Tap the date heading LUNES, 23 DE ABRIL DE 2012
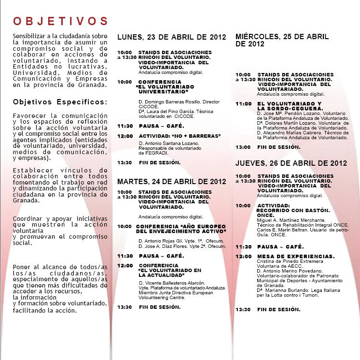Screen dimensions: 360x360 point(171,37)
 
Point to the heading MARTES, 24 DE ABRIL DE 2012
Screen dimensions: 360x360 point(171,182)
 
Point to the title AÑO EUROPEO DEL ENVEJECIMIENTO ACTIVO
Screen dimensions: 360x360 point(181,229)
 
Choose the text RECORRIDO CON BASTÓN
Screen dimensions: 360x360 point(293,210)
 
